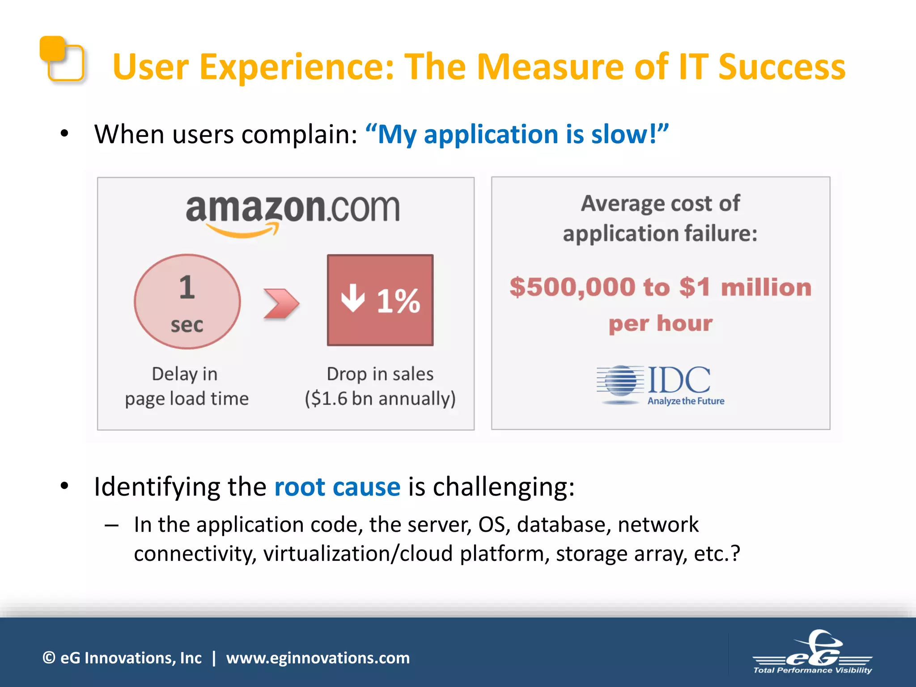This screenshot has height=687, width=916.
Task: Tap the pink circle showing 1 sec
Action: coord(187,301)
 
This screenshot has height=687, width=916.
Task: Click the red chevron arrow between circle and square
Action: coord(280,304)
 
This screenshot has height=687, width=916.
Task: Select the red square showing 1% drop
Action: coord(380,300)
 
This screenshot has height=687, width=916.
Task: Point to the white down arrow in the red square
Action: coord(353,298)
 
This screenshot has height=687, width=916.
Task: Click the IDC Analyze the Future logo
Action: coord(661,385)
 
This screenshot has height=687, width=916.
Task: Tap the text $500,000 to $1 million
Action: coord(660,287)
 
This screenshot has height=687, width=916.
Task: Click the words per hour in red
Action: coord(660,323)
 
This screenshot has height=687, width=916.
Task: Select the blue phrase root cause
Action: coord(337,487)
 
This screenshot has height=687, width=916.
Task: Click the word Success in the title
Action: coord(781,67)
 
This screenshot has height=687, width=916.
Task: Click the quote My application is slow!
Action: coord(517,134)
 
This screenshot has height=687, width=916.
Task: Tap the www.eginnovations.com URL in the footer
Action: coord(318,658)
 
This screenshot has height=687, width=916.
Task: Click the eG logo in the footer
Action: coord(812,653)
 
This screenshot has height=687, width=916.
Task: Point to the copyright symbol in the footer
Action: coord(49,658)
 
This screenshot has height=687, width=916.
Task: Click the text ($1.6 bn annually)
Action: coord(380,398)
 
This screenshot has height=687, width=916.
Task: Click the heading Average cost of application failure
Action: coord(660,218)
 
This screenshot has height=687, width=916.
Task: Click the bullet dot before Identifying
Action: coord(64,486)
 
